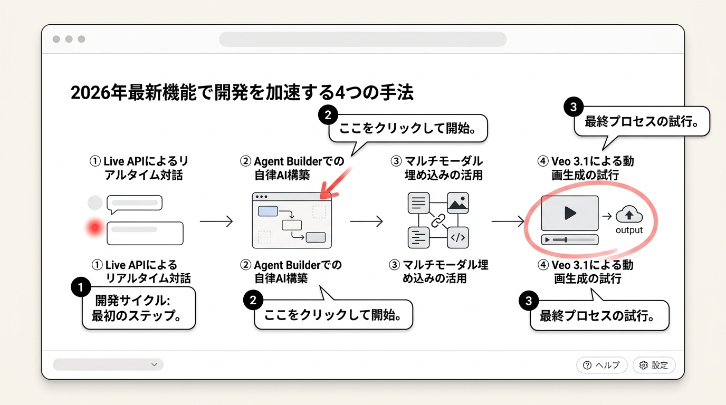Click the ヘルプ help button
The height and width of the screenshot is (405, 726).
click(601, 365)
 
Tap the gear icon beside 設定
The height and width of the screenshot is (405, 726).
click(643, 365)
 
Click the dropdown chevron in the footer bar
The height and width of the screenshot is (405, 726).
click(154, 364)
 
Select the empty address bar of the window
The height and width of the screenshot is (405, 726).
click(362, 39)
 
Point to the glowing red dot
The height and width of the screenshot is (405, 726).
click(94, 228)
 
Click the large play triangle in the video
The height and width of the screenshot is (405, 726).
click(570, 213)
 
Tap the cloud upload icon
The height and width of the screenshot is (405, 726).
click(629, 214)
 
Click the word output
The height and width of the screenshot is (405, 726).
click(629, 230)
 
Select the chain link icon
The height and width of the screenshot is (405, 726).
click(438, 220)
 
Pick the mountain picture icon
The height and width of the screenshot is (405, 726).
click(457, 203)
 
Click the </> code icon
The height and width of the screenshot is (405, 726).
click(457, 237)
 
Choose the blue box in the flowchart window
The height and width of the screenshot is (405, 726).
click(268, 211)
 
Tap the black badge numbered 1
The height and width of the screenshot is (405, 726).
click(81, 287)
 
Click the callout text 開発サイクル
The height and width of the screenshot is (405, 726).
click(132, 301)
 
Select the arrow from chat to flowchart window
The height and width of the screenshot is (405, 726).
click(216, 221)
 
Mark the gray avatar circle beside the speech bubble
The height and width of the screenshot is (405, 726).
click(95, 203)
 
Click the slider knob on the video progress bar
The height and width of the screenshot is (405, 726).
click(566, 240)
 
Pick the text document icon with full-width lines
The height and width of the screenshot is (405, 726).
click(419, 203)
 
